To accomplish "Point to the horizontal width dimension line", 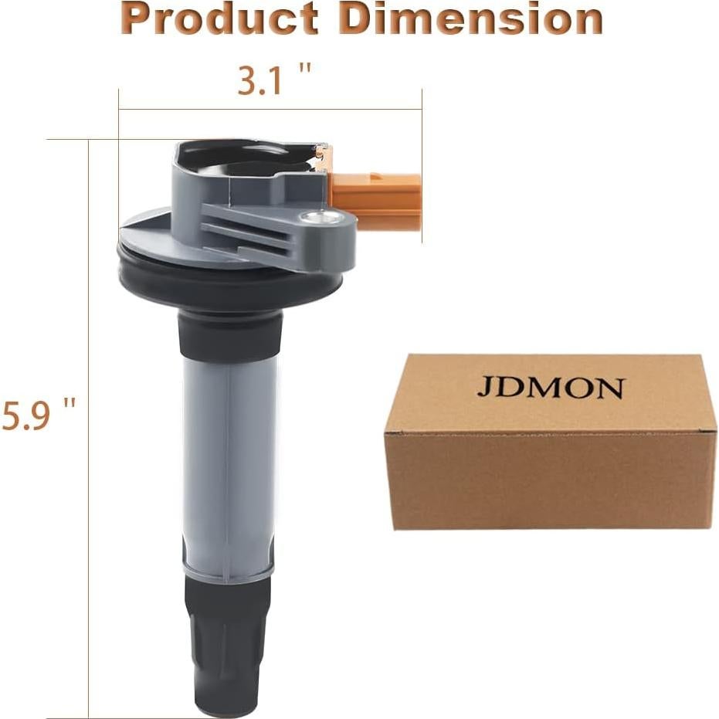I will point(270,109).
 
